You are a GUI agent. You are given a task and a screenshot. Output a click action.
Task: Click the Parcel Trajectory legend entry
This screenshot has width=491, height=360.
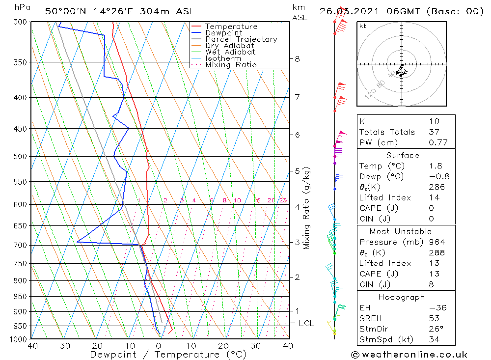point(241,39)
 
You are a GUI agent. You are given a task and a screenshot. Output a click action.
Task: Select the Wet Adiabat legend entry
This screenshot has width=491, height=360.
point(230,52)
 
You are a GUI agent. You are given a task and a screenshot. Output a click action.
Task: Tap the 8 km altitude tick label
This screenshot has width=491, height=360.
point(297,59)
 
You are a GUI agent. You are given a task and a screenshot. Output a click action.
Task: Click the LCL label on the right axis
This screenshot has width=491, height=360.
point(306,323)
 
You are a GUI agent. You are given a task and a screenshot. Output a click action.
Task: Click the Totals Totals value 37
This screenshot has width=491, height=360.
point(434,132)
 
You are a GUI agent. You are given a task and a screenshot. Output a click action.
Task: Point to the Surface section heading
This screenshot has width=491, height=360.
point(403,156)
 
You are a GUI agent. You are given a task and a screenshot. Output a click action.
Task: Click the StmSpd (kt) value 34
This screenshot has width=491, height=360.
point(434,340)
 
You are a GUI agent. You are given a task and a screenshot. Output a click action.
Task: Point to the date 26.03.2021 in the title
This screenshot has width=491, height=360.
point(348,11)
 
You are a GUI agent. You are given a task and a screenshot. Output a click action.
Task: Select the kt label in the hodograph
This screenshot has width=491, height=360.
point(362,26)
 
